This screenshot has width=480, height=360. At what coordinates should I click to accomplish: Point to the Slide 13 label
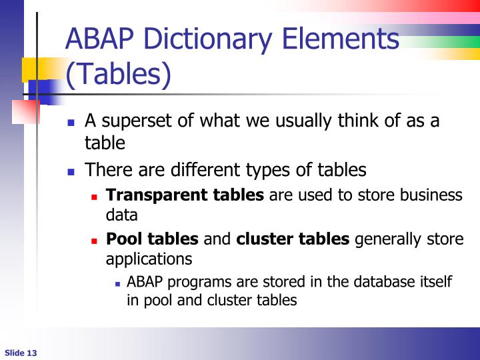(x=21, y=353)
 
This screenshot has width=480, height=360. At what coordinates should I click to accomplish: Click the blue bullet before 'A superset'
(x=72, y=123)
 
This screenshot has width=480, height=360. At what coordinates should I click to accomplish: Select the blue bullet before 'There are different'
(x=72, y=171)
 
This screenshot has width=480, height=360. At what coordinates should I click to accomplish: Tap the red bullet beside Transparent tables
(x=95, y=197)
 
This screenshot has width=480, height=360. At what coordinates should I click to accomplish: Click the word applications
(x=149, y=259)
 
